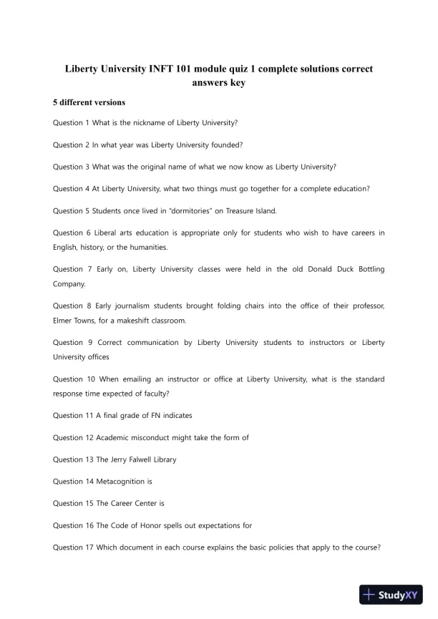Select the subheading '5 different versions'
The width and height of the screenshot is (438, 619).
coord(84,102)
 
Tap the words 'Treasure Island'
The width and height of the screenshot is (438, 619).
coord(250,211)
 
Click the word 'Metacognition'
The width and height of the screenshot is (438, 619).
coord(114,482)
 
